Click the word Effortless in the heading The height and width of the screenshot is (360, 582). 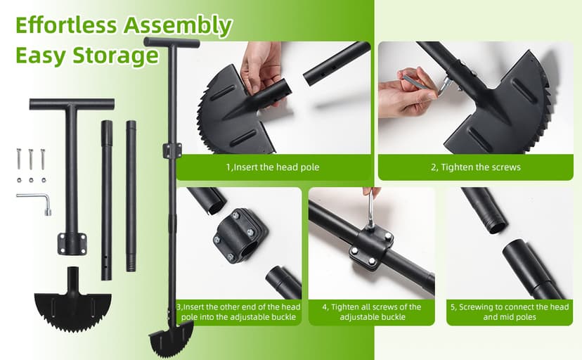66,25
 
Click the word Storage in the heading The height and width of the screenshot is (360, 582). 115,56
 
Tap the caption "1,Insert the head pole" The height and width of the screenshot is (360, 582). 273,167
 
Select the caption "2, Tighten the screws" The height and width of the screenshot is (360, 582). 476,167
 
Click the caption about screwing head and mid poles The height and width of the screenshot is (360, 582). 510,311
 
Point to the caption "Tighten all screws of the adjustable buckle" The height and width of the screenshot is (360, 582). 372,311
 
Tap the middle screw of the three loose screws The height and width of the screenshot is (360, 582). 31,159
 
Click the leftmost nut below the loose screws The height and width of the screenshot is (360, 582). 19,181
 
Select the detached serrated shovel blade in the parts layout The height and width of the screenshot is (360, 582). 73,304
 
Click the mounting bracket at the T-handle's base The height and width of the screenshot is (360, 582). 72,244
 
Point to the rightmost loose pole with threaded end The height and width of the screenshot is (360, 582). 131,195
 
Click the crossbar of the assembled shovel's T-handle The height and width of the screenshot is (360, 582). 172,42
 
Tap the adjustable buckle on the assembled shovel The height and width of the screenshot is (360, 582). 172,150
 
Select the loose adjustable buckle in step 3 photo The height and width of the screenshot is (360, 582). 240,236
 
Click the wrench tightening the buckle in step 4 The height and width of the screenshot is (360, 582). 371,210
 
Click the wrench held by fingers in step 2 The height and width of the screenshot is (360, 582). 426,84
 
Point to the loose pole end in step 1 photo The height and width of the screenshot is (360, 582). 336,64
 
